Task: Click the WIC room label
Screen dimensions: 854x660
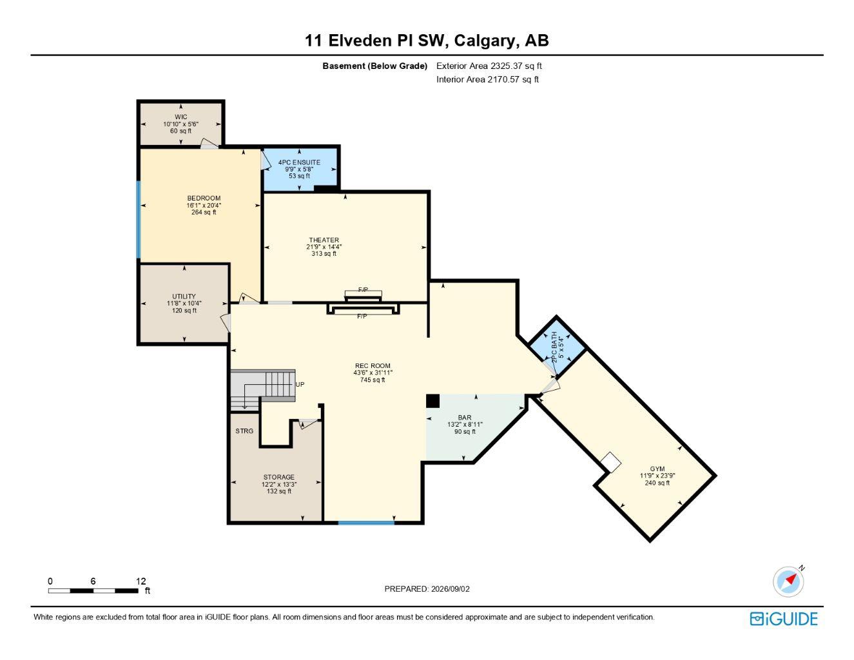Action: [180, 117]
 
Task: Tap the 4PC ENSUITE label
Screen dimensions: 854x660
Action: [299, 162]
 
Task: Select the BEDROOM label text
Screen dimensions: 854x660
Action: [204, 198]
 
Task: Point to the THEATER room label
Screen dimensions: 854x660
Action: [324, 240]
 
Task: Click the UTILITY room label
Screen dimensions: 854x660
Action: [184, 296]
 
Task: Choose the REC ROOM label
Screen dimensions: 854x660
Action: [373, 365]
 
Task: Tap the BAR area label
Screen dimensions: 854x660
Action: [465, 417]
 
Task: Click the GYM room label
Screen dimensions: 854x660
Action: [657, 469]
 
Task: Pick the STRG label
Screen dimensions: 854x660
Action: [244, 431]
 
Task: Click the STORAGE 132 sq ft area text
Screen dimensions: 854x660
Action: [278, 491]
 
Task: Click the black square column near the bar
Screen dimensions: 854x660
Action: [432, 401]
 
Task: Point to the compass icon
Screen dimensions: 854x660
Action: [788, 581]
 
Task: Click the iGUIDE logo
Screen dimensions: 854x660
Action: [784, 619]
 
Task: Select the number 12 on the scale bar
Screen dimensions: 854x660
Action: [141, 581]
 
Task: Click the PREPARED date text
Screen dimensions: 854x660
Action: [427, 589]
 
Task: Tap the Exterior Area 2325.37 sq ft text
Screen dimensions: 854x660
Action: [489, 66]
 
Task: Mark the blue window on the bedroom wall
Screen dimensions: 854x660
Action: [139, 220]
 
